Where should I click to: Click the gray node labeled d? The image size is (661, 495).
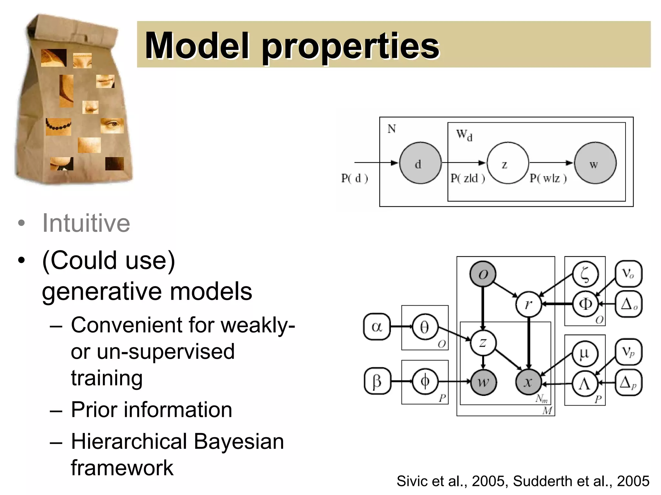tap(420, 163)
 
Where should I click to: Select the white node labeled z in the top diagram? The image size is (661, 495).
tap(507, 163)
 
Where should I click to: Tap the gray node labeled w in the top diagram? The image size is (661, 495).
tap(595, 163)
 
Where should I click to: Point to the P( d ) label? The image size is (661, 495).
tap(354, 178)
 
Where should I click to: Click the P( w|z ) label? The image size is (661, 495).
tap(548, 178)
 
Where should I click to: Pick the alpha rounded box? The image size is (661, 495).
tap(377, 327)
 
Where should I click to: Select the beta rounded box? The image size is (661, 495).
tap(377, 381)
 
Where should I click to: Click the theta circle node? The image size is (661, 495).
tap(425, 327)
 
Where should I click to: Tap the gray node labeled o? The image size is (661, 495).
tap(483, 274)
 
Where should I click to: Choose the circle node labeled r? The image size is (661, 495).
tap(528, 304)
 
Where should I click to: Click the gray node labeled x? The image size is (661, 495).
tap(528, 382)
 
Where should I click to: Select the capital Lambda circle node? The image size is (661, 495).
tap(585, 384)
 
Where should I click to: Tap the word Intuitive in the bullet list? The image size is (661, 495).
tap(86, 223)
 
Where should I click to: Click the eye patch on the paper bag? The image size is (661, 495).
tap(112, 125)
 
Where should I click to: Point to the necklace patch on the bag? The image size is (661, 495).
tap(58, 126)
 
